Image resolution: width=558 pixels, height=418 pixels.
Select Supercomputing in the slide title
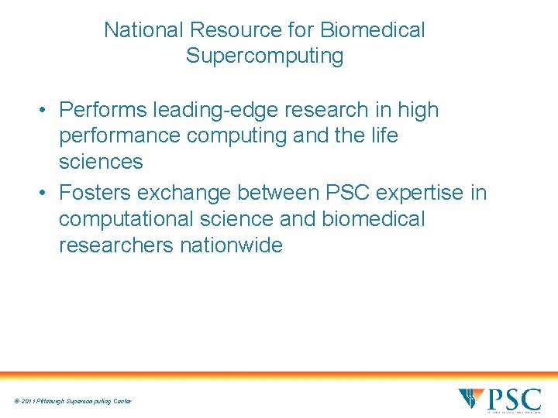(264, 56)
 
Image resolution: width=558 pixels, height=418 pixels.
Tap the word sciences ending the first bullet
(101, 161)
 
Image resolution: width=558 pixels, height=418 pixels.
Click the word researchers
(116, 245)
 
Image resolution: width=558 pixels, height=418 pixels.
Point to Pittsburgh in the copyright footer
(56, 401)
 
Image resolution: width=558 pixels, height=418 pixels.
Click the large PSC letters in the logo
(513, 399)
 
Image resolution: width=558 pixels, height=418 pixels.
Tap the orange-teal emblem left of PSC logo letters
(470, 398)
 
